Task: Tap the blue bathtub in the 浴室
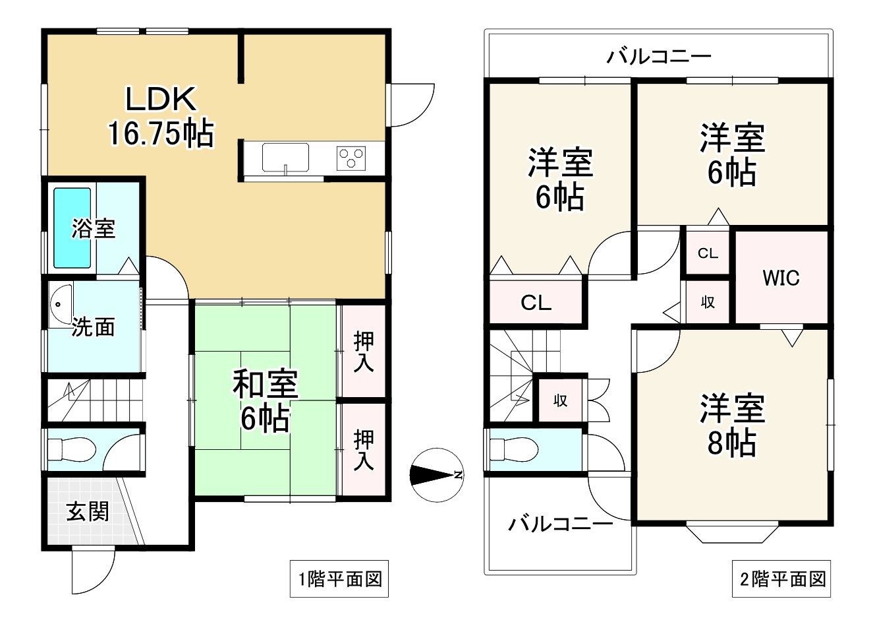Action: click(x=72, y=228)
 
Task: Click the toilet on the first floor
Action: click(x=72, y=451)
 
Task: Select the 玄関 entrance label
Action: click(x=88, y=511)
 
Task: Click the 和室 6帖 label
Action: click(x=265, y=400)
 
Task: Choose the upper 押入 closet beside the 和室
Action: click(x=363, y=352)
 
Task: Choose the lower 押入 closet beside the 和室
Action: click(x=363, y=449)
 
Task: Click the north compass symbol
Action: click(x=434, y=474)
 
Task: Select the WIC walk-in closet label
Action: click(x=781, y=277)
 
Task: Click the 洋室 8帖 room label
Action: click(x=732, y=425)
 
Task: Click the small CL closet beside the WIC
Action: click(x=708, y=253)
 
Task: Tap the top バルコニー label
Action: click(x=658, y=55)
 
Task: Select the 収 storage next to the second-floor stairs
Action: click(x=560, y=400)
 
